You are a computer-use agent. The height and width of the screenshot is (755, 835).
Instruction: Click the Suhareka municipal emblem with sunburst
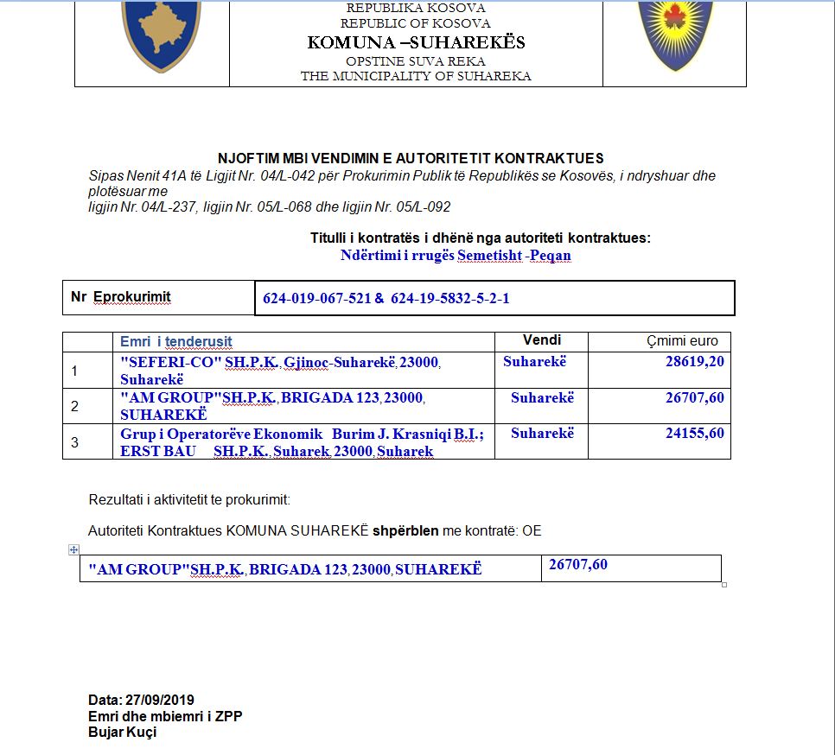676,35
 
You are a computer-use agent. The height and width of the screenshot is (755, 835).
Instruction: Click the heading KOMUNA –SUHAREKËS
416,42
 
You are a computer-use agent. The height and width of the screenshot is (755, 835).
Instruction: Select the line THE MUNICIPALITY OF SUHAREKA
416,76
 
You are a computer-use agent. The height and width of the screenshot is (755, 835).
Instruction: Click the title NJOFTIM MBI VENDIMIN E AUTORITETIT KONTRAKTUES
411,158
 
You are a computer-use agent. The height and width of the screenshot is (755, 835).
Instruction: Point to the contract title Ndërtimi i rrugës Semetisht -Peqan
456,256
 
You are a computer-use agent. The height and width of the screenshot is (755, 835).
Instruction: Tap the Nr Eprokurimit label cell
121,297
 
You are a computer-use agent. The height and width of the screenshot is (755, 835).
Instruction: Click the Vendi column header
542,340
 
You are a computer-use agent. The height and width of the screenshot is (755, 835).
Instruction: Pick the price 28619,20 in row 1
695,361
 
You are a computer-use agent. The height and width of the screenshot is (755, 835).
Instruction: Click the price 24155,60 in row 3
695,433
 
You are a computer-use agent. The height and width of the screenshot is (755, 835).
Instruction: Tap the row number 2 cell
75,406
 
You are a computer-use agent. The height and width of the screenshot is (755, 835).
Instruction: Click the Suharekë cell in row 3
542,433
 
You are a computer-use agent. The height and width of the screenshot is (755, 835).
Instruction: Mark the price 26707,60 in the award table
578,565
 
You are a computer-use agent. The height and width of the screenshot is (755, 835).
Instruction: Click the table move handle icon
73,549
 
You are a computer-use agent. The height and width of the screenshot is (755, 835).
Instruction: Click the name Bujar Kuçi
123,733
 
